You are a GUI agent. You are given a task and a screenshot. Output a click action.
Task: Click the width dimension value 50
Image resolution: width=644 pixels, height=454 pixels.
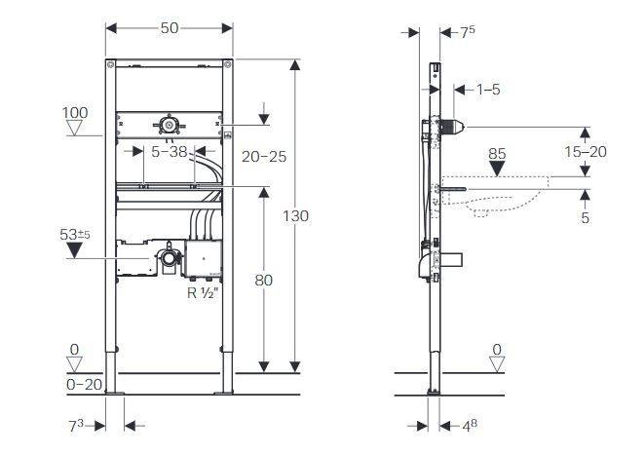[x=170, y=28]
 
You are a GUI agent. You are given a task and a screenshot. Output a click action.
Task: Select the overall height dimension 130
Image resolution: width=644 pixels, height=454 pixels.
[x=296, y=215]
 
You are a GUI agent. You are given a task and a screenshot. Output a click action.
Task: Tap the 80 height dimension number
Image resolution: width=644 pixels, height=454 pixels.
[x=264, y=281]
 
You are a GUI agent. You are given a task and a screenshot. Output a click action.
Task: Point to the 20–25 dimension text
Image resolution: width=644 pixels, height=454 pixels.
[x=264, y=157]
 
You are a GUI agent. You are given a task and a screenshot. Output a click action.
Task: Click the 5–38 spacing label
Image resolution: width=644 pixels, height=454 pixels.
[x=170, y=152]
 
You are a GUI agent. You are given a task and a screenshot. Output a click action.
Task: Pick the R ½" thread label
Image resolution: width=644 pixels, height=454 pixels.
[x=202, y=293]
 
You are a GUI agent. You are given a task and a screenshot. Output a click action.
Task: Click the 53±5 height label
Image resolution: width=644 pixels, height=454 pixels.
[x=75, y=235]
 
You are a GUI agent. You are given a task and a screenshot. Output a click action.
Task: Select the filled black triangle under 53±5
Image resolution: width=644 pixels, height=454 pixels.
[x=74, y=250]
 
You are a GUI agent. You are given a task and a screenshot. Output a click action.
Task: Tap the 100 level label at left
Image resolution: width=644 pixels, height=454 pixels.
[x=75, y=113]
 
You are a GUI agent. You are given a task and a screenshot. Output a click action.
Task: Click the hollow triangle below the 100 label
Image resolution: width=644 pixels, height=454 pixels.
[x=74, y=128]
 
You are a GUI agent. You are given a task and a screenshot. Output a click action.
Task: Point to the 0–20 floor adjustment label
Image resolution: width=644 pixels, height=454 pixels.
[x=84, y=384]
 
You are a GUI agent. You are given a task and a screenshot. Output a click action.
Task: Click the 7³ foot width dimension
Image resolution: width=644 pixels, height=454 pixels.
[x=76, y=426]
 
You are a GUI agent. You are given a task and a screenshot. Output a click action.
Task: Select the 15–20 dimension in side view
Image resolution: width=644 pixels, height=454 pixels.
[x=586, y=152]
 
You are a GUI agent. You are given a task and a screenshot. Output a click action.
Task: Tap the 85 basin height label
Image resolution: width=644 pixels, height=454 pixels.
[x=497, y=154]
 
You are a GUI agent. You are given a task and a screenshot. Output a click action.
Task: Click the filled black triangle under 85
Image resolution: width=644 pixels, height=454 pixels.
[x=497, y=169]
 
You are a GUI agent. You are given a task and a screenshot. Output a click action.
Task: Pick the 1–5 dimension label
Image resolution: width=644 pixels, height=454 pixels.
[x=488, y=90]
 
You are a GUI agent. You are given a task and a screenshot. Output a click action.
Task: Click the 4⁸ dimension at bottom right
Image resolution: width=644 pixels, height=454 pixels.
[x=470, y=426]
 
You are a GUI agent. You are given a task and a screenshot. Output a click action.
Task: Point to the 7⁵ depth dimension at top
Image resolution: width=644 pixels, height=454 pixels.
[x=468, y=31]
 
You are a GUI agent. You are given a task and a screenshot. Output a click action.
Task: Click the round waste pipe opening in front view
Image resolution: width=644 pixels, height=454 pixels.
[x=168, y=258]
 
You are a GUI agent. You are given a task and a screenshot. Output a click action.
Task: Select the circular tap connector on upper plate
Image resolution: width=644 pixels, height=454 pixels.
[x=168, y=124]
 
